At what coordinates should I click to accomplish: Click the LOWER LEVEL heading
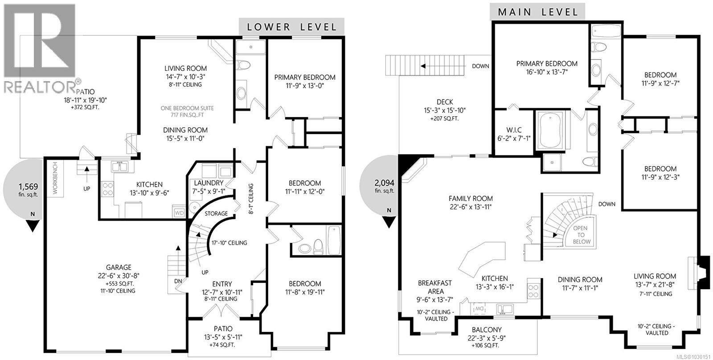pyautogui.click(x=291, y=27)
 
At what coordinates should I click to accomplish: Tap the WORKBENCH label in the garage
pyautogui.click(x=56, y=178)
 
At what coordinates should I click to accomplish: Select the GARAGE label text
pyautogui.click(x=119, y=267)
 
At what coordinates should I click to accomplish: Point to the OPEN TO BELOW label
pyautogui.click(x=582, y=235)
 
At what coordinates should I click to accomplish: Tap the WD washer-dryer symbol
pyautogui.click(x=180, y=213)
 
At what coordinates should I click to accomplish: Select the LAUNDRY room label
pyautogui.click(x=209, y=183)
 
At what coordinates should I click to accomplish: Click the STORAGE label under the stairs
pyautogui.click(x=216, y=213)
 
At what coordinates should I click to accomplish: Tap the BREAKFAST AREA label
pyautogui.click(x=434, y=287)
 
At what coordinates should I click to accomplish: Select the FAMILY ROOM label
pyautogui.click(x=471, y=199)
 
